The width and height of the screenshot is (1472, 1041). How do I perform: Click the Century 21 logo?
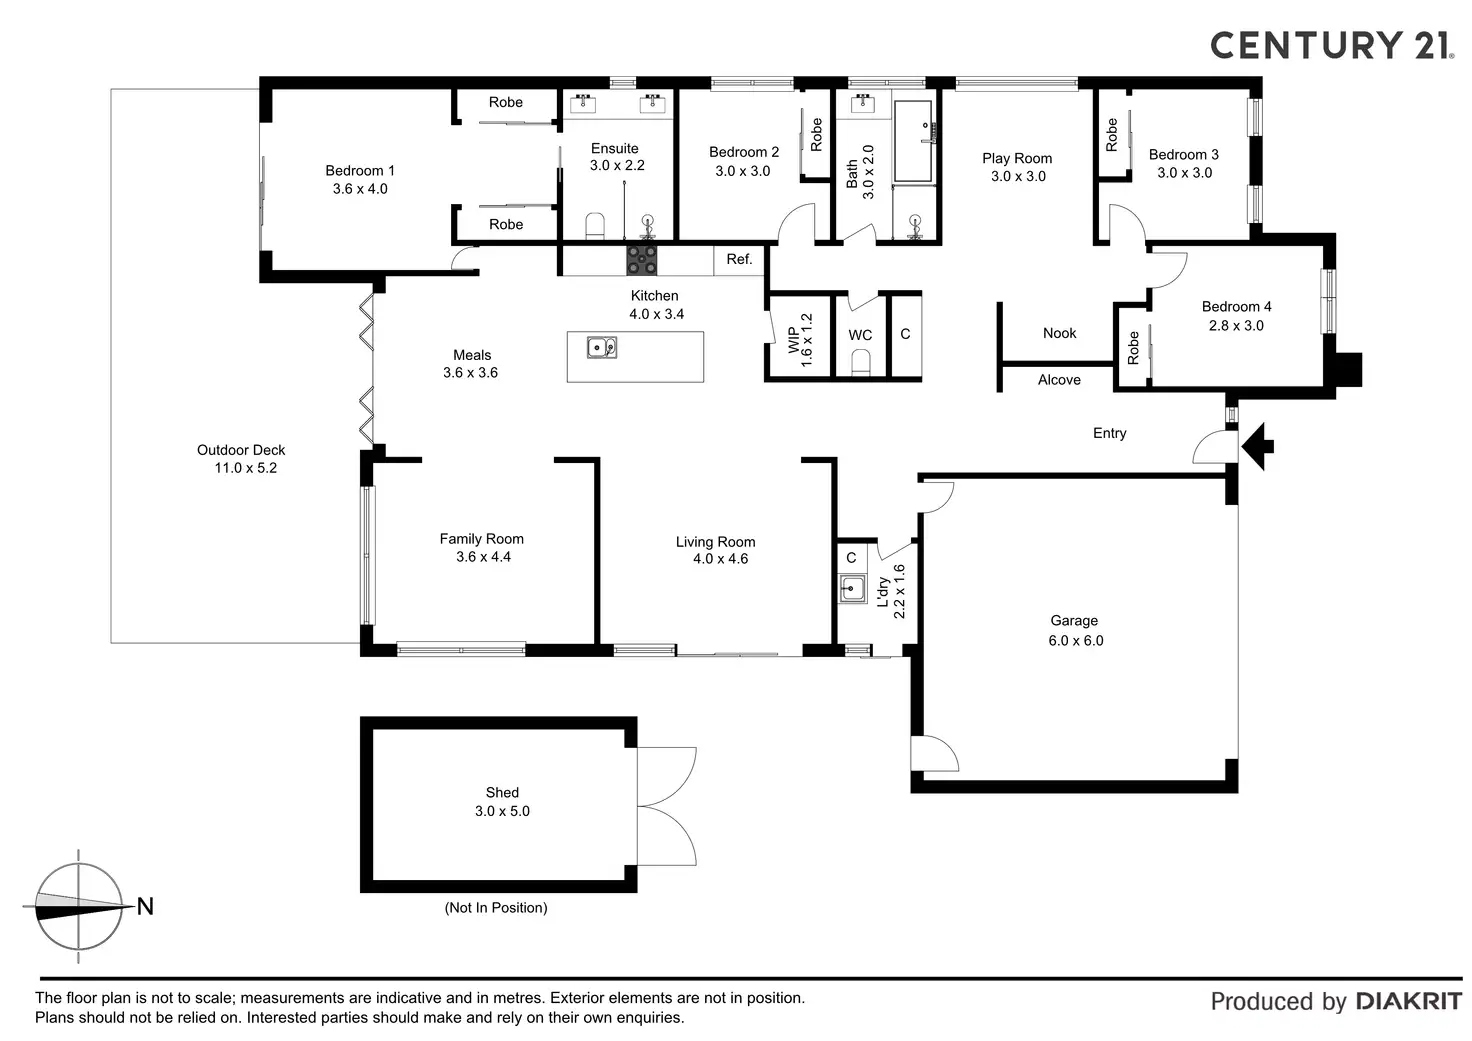coord(1331,45)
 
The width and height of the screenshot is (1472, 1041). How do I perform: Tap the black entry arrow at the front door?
coord(1258,445)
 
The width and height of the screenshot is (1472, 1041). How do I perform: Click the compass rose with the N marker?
coord(79,907)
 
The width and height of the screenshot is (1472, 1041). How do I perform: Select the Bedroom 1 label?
coord(360,171)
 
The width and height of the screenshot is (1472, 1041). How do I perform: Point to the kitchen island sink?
coord(602,347)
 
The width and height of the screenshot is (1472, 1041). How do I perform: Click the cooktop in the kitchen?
coord(642,260)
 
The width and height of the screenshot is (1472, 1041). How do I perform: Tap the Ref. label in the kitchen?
coord(739,260)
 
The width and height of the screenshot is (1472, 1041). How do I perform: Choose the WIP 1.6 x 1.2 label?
coord(800,340)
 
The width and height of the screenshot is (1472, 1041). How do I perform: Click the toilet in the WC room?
coord(860,367)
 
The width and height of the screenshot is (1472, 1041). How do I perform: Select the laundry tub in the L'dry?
coord(852,589)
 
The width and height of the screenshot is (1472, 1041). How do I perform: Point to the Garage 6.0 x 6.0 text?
coord(1075,631)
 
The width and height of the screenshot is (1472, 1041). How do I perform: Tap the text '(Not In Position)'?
coord(496,908)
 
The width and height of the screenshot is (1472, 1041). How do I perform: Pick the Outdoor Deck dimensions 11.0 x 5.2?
coord(246,468)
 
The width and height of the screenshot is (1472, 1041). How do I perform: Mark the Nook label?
coord(1059,333)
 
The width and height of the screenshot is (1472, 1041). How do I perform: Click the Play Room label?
coord(1017,158)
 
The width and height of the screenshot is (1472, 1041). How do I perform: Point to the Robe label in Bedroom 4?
coord(1133,348)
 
